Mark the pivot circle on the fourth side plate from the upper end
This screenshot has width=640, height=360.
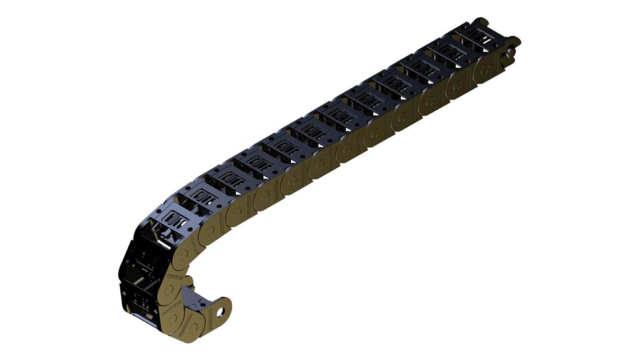(403, 115)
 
